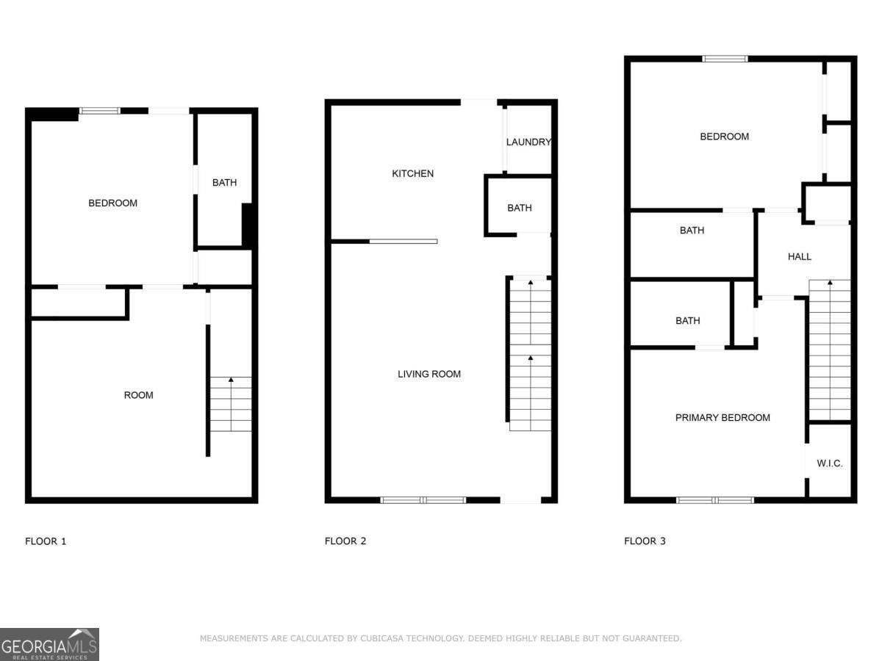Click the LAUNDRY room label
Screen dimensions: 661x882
[x=528, y=142]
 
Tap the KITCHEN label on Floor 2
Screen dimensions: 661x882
[x=412, y=173]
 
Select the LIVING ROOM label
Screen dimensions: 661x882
[x=429, y=374]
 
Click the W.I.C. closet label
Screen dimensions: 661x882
[x=830, y=463]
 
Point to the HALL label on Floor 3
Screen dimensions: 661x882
[x=800, y=256]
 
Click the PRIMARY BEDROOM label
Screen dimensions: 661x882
[x=723, y=417]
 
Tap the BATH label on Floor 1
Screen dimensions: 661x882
[x=224, y=182]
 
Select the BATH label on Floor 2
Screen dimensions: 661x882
[x=519, y=208]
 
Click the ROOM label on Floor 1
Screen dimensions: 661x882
[x=138, y=395]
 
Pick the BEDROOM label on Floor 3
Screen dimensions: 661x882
[x=724, y=136]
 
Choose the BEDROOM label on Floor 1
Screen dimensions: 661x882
[x=112, y=203]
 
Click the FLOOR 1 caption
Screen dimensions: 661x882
[x=46, y=541]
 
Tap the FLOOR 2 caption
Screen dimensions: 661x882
[x=345, y=541]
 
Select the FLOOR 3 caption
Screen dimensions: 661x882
[x=645, y=541]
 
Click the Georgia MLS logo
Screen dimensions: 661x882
[x=49, y=644]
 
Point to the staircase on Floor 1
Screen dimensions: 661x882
[x=231, y=404]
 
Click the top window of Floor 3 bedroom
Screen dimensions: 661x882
[x=725, y=58]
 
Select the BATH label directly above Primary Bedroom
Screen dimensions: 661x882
[x=687, y=320]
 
